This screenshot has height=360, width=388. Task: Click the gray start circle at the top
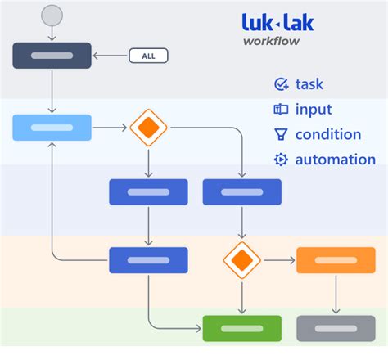[x=52, y=14]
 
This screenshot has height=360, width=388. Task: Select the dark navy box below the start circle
[x=52, y=56]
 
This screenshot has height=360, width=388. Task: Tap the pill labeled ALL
[x=148, y=56]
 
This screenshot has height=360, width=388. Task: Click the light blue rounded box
[x=52, y=128]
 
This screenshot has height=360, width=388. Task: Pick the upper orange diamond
[x=148, y=128]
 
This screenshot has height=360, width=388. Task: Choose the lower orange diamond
[x=241, y=260]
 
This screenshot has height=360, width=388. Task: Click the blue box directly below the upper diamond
[x=148, y=192]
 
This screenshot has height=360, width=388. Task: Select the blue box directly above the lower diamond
[x=241, y=192]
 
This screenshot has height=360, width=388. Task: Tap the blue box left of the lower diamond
[x=148, y=260]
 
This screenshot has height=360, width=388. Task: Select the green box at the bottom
[x=241, y=328]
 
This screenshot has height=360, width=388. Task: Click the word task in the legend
[x=310, y=83]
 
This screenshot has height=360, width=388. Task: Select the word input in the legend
[x=314, y=109]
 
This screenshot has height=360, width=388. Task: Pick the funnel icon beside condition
[x=281, y=134]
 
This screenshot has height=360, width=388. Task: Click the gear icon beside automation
[x=281, y=160]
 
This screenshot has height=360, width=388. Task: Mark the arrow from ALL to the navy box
[x=111, y=56]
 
